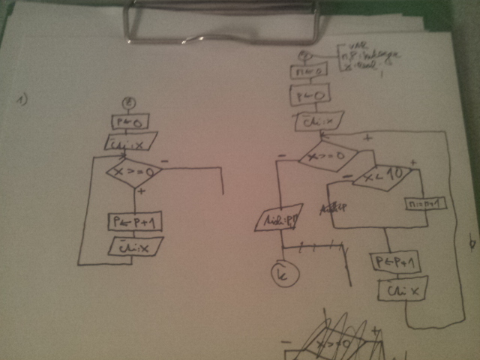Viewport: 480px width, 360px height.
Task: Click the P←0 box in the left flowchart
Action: click(x=122, y=121)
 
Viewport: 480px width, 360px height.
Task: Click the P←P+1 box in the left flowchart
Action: click(x=135, y=222)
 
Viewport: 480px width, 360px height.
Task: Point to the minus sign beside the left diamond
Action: click(x=164, y=160)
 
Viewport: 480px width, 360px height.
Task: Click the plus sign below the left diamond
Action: click(x=142, y=192)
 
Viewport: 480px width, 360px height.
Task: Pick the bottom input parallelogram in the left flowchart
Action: click(x=136, y=244)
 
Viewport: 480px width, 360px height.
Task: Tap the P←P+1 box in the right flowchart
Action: click(x=397, y=262)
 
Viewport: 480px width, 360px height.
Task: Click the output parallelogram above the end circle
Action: click(x=278, y=217)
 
